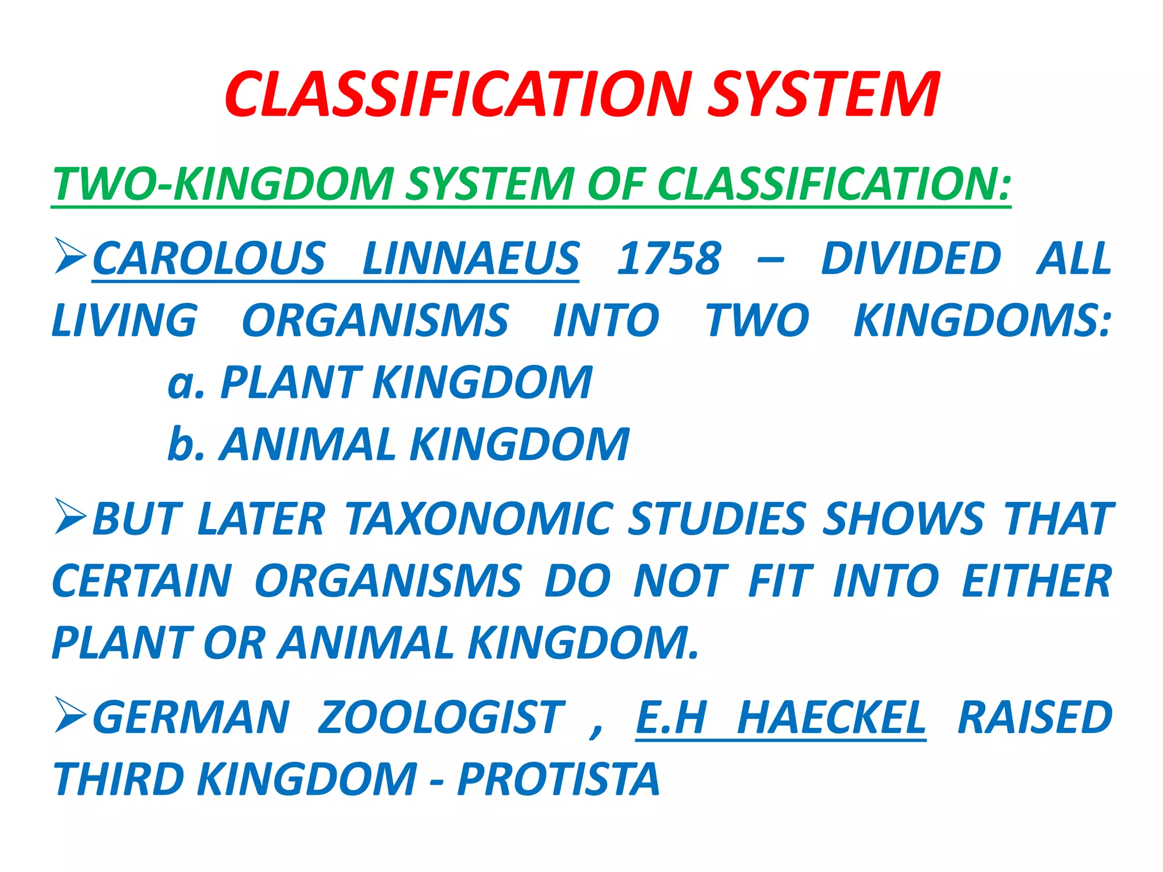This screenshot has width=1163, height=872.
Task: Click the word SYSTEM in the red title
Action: click(823, 95)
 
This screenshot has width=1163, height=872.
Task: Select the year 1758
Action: click(669, 259)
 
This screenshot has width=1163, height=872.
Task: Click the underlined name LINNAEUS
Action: click(471, 259)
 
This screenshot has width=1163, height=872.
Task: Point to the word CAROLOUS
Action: click(209, 259)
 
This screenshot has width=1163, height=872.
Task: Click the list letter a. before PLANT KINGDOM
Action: click(185, 383)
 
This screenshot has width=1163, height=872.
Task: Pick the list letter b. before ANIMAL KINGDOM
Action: click(185, 444)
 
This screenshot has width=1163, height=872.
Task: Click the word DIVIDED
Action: click(911, 259)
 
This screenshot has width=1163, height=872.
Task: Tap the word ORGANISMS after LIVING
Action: click(375, 321)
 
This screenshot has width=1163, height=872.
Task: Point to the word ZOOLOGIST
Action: click(441, 718)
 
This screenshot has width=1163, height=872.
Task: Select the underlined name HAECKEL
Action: click(831, 718)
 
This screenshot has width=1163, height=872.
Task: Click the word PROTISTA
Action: click(559, 779)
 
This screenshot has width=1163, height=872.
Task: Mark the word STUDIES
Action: click(717, 519)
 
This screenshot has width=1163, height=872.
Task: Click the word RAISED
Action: click(1035, 718)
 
